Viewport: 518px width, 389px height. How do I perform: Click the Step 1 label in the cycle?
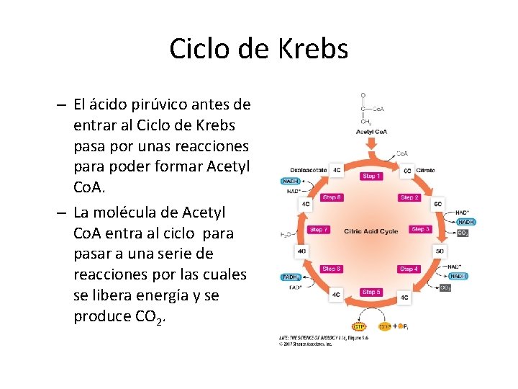[372, 176]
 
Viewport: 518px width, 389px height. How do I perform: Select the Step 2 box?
[409, 197]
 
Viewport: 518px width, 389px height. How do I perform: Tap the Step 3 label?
[420, 229]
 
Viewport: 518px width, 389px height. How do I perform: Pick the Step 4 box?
[409, 269]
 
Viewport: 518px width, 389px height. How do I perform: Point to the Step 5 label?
[372, 292]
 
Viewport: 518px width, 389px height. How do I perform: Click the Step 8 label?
[332, 197]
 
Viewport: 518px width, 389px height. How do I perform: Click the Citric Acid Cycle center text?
[371, 231]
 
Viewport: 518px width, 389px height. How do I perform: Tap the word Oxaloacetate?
[309, 170]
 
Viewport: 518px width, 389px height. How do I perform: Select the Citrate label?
[425, 170]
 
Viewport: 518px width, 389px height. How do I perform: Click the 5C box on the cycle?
[440, 251]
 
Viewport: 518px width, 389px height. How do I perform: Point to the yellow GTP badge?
[358, 326]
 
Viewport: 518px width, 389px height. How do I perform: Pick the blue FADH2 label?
[291, 277]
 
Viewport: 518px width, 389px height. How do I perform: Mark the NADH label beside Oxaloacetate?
[291, 181]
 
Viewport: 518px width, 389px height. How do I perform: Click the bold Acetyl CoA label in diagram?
[371, 131]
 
